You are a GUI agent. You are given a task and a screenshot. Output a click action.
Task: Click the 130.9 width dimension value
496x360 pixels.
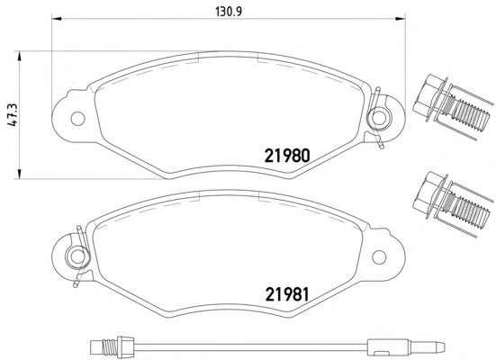click(x=229, y=12)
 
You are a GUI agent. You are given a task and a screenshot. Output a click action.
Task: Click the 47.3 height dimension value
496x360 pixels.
click(x=14, y=114)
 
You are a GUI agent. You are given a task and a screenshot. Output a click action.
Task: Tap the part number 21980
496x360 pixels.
click(x=287, y=156)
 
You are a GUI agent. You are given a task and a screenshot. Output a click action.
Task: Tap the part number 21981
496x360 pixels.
click(x=287, y=294)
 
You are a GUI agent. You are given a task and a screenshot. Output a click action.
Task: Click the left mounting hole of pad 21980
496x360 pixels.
click(x=77, y=119)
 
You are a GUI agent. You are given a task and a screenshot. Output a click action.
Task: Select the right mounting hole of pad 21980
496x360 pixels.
click(x=378, y=117)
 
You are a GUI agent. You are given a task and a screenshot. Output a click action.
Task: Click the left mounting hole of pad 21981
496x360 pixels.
click(x=77, y=256)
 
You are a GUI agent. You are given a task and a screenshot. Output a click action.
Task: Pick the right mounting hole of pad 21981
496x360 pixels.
click(x=379, y=257)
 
